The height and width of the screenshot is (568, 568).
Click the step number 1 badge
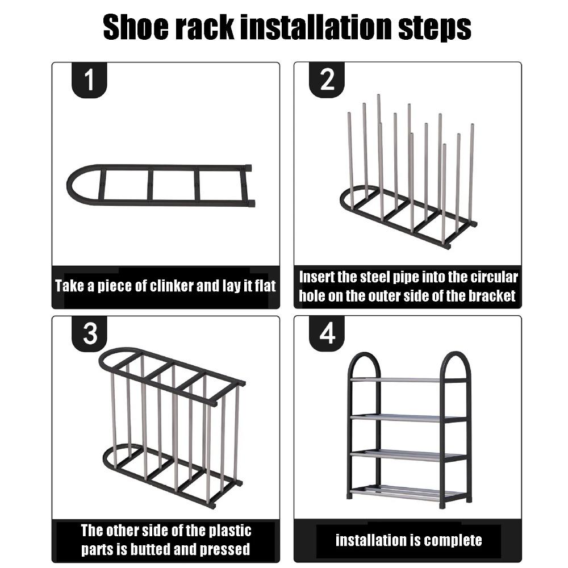[x=90, y=81]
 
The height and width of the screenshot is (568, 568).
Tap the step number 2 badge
[x=327, y=81]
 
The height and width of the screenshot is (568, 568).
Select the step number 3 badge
[x=90, y=333]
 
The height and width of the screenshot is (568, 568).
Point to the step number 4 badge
[x=327, y=333]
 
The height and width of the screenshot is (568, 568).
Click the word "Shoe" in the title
[x=136, y=27]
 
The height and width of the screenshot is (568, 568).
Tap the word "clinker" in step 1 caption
[x=172, y=285]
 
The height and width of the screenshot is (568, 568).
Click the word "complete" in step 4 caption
[x=449, y=540]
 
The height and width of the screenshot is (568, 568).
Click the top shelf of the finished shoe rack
[x=408, y=379]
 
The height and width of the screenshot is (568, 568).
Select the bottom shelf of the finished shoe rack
[x=408, y=490]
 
